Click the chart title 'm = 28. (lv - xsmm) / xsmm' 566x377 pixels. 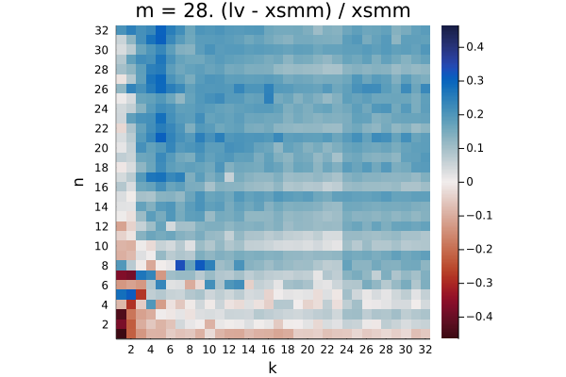(273, 10)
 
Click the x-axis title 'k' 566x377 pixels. (273, 368)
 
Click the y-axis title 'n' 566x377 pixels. (78, 182)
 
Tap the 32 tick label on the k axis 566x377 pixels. (425, 350)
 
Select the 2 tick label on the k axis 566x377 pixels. (131, 350)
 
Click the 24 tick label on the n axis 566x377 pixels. (102, 108)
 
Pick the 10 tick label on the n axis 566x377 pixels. (102, 246)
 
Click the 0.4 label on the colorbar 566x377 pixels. (474, 46)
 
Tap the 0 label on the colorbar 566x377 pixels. (469, 182)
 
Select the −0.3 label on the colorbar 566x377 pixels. (479, 283)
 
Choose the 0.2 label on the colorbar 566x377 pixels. (474, 114)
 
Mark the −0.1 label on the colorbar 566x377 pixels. (479, 216)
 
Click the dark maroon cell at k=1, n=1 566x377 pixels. (121, 334)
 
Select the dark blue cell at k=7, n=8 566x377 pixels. (180, 265)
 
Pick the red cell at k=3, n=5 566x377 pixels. (141, 294)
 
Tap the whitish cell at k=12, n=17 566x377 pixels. (229, 177)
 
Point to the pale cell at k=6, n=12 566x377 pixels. (170, 226)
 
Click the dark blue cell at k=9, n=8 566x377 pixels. (200, 265)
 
